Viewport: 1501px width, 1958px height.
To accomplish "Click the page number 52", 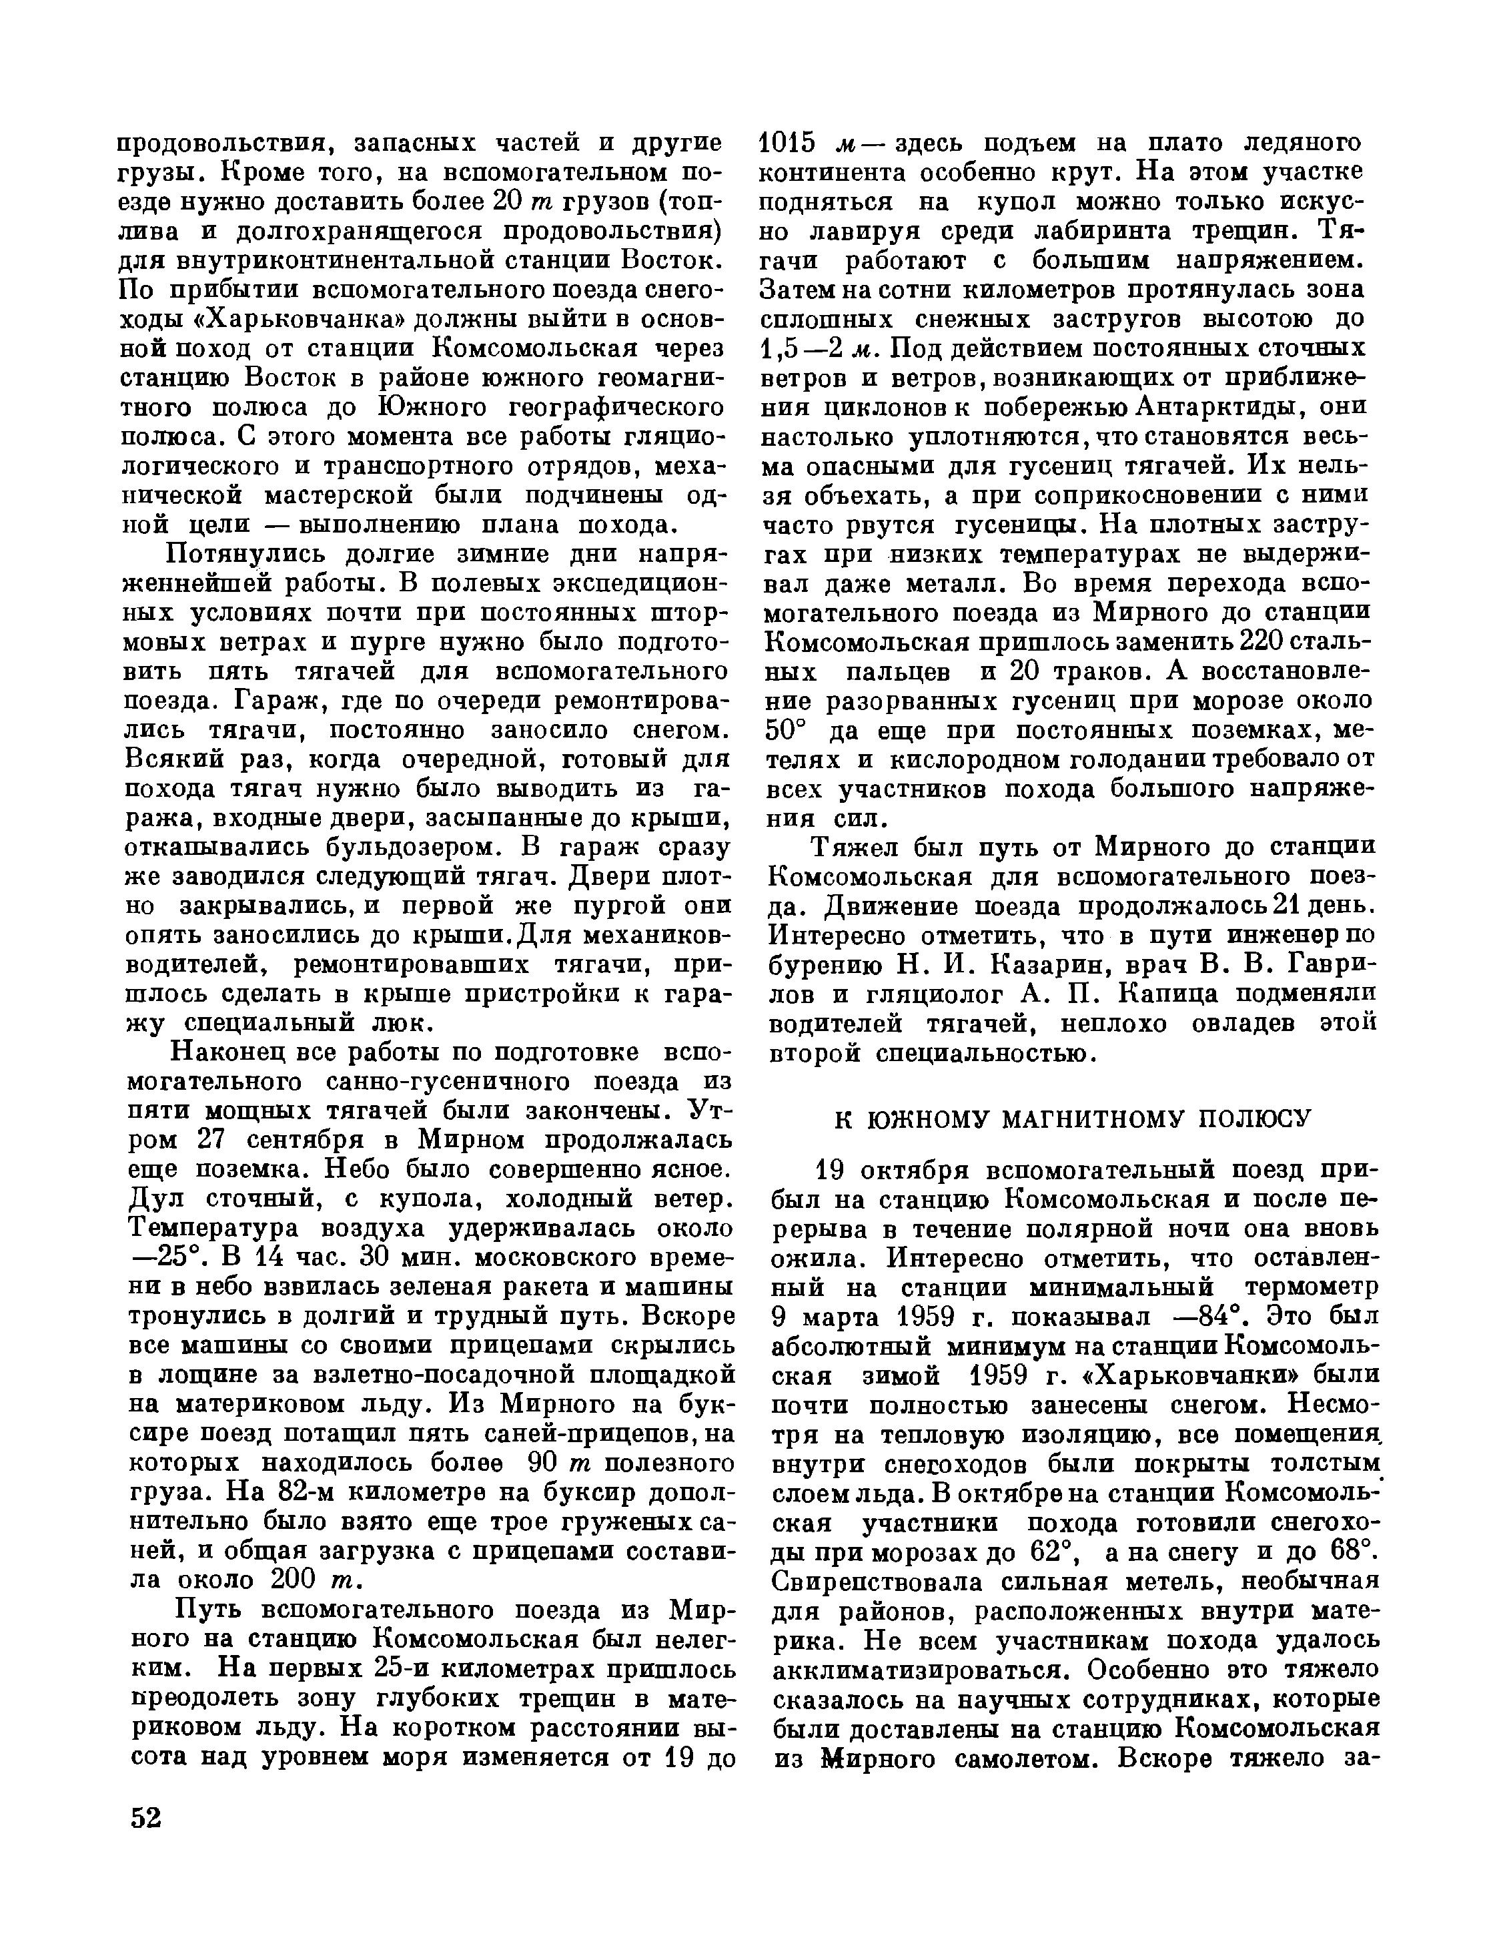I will pos(145,1819).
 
